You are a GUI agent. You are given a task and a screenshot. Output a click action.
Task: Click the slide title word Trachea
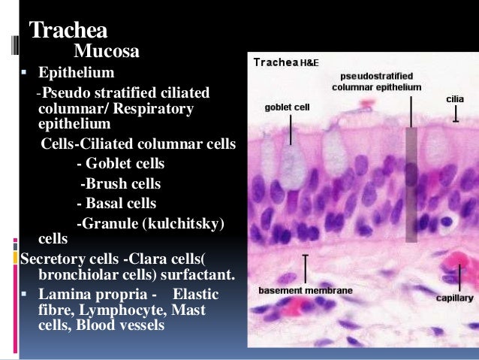[x=68, y=32]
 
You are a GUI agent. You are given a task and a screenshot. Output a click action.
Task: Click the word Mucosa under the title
[x=106, y=52]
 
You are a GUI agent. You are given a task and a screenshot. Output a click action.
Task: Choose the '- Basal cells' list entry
[x=116, y=203]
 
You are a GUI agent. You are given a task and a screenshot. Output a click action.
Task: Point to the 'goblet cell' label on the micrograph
[x=287, y=107]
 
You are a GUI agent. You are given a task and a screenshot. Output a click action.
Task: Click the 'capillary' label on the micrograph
[x=454, y=297]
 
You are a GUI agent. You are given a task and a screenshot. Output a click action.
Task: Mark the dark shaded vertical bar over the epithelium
[x=411, y=184]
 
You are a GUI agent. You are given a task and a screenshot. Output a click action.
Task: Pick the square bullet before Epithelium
[x=25, y=74]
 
